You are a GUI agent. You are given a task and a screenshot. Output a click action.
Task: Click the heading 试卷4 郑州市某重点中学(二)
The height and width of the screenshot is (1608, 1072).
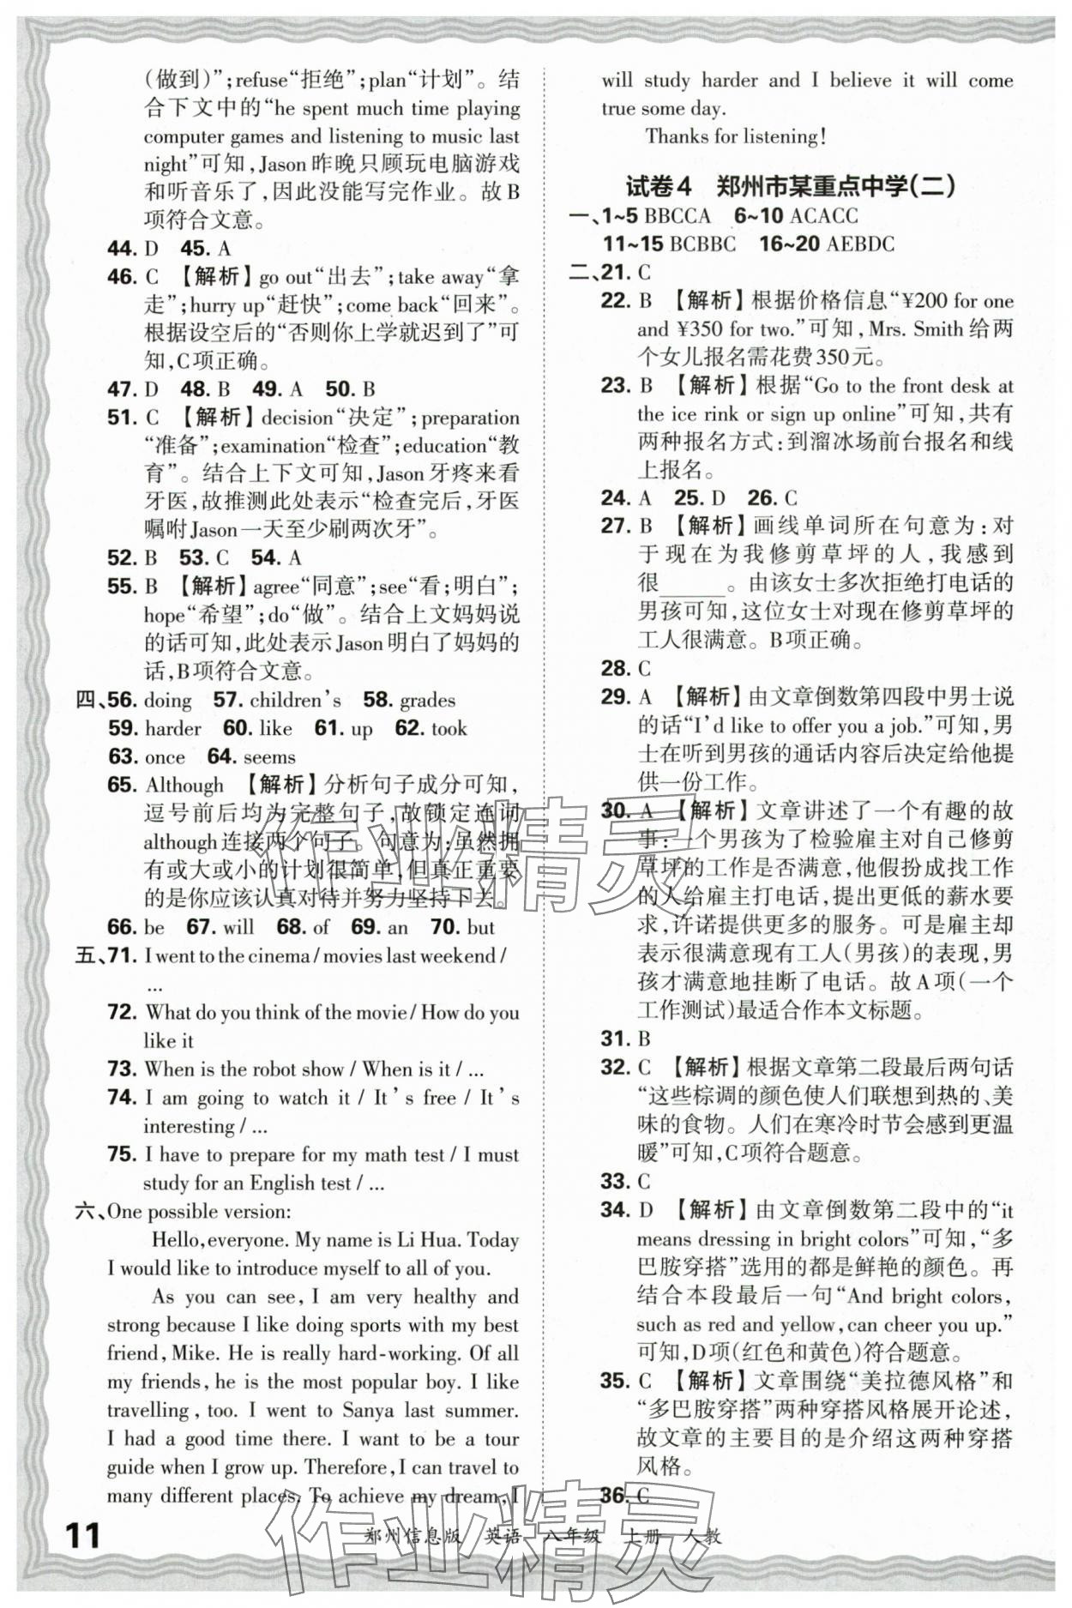[x=790, y=186]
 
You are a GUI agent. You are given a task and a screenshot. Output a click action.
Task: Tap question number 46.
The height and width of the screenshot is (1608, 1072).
[x=123, y=277]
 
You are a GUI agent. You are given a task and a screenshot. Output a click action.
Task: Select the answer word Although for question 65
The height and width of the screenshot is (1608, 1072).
[x=184, y=785]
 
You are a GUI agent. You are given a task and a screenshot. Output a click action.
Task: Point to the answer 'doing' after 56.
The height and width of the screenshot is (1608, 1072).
[x=168, y=701]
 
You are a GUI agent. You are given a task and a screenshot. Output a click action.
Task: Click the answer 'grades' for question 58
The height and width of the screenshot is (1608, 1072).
[x=427, y=701]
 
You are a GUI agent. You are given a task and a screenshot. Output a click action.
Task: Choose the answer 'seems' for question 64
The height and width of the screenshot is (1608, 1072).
[x=269, y=757]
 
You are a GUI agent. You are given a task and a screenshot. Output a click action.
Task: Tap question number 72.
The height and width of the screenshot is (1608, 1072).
[x=123, y=1013]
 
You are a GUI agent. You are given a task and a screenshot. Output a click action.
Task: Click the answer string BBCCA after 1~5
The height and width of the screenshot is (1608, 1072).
[x=678, y=216]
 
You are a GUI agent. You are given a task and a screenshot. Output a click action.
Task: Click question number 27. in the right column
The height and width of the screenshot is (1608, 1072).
[x=616, y=526]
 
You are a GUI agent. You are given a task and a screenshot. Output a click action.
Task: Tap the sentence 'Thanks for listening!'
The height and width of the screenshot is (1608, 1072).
[x=736, y=136]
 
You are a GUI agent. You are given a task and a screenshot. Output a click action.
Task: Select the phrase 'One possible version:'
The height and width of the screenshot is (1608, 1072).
[x=199, y=1212]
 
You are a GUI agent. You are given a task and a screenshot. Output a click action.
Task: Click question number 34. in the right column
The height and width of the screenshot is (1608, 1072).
[x=616, y=1210]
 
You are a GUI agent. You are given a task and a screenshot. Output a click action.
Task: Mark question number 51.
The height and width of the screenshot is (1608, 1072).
[x=123, y=418]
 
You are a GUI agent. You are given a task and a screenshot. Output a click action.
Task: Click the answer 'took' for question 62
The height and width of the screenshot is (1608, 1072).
[x=449, y=729]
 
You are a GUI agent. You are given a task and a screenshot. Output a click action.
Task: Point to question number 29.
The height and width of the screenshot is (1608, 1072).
[x=616, y=697]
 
